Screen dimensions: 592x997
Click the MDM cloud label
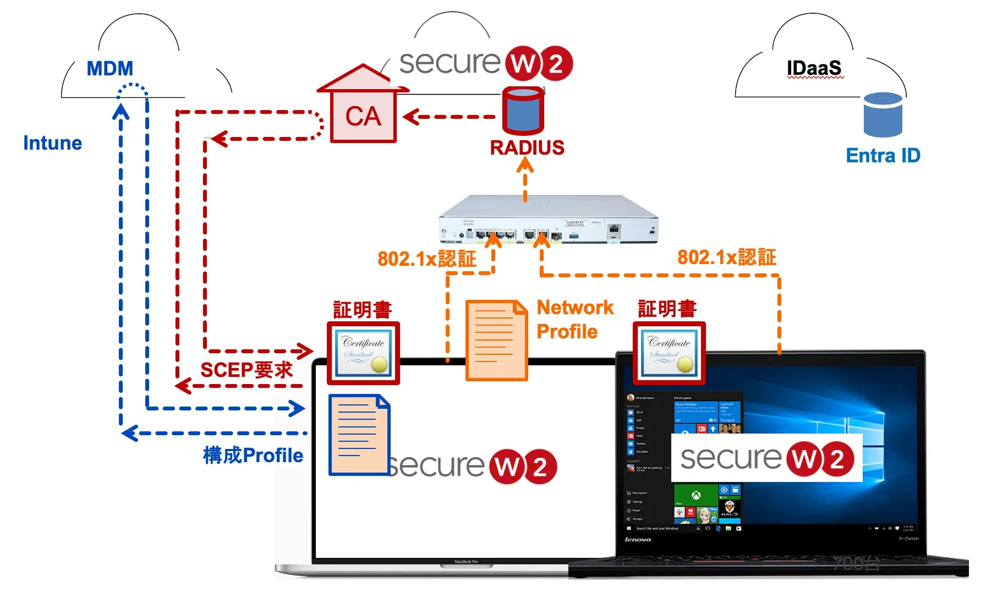110,69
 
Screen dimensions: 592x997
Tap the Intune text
52,143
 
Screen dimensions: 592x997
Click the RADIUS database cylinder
523,112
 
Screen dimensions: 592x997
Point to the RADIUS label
527,147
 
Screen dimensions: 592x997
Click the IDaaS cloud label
814,68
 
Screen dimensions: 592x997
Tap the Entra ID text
883,156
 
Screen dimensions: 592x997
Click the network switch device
549,220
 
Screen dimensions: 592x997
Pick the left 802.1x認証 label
426,259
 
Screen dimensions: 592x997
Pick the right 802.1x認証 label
726,257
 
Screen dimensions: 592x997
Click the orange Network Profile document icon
496,340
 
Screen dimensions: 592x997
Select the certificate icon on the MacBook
363,353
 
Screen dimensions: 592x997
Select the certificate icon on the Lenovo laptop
669,353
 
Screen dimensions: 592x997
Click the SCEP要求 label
246,370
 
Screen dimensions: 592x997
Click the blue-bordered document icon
359,435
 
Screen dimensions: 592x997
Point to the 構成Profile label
253,456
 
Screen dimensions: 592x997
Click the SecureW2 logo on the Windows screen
766,458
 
